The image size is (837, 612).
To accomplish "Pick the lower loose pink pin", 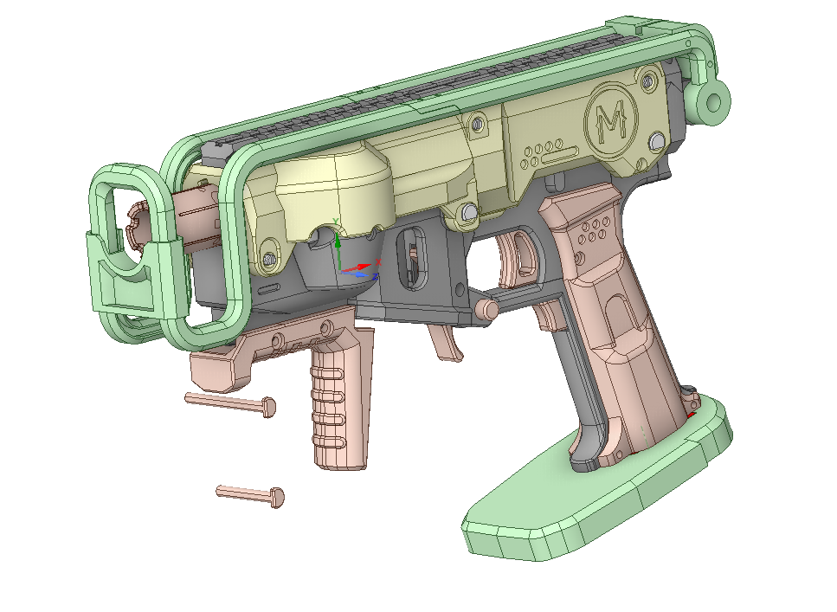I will [x=251, y=494].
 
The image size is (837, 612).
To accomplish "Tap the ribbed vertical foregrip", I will [x=338, y=407].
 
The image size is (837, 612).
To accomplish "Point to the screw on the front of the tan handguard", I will [x=269, y=256].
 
